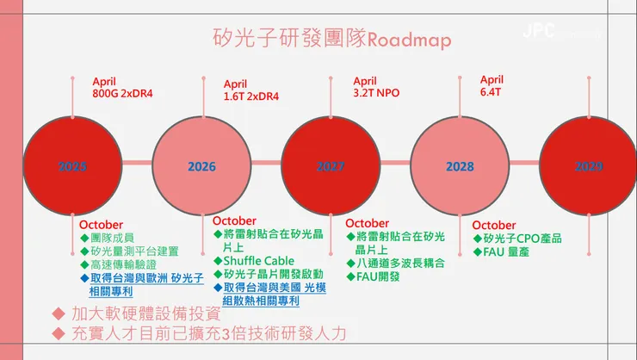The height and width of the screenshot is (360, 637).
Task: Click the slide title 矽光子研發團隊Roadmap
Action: pyautogui.click(x=331, y=39)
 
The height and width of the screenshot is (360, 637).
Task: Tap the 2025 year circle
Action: pyautogui.click(x=72, y=166)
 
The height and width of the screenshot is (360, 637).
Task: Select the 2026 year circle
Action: pyautogui.click(x=201, y=166)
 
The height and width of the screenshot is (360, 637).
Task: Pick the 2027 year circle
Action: pyautogui.click(x=331, y=166)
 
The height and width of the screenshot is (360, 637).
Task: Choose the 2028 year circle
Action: pyautogui.click(x=460, y=166)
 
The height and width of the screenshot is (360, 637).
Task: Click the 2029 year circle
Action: pyautogui.click(x=589, y=166)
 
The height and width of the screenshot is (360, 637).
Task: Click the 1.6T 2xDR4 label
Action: pyautogui.click(x=251, y=96)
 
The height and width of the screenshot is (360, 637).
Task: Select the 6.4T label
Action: pyautogui.click(x=491, y=91)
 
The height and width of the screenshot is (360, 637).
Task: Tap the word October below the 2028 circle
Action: pyautogui.click(x=494, y=226)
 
